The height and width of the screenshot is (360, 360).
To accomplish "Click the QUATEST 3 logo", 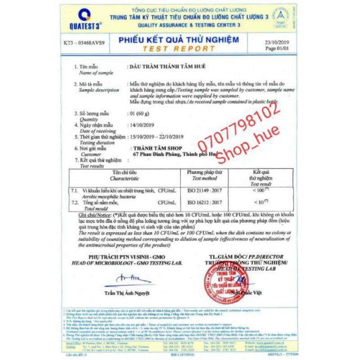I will click(84, 19).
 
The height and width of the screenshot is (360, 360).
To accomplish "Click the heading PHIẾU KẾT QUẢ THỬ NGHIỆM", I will click(179, 40).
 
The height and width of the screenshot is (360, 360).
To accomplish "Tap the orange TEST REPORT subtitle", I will click(179, 49).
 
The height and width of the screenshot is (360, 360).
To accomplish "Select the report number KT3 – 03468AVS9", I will click(85, 43).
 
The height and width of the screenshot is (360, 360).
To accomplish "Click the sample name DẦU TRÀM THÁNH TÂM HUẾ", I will click(167, 67).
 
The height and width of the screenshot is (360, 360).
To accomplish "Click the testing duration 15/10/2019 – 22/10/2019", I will click(157, 136).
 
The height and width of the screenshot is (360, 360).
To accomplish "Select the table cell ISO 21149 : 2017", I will click(204, 190).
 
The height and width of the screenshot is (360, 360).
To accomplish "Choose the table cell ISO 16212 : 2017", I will click(204, 202).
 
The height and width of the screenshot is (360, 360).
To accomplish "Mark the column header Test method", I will click(204, 177).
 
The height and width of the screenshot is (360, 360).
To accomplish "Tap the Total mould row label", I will click(94, 208).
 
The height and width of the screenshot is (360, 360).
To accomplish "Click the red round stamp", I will click(226, 283).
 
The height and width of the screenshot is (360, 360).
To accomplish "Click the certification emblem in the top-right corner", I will click(283, 17).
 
